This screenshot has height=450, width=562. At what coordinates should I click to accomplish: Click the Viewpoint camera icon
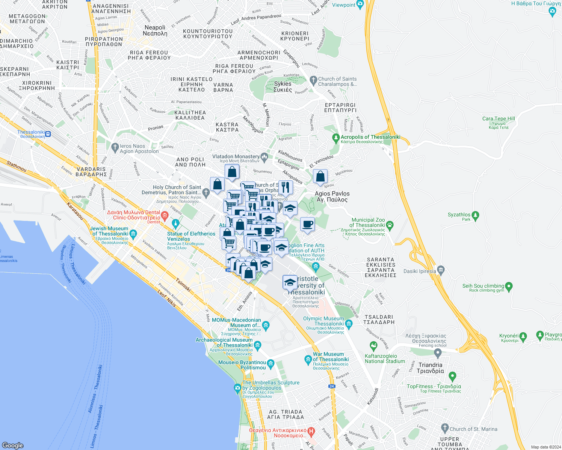point(360,5)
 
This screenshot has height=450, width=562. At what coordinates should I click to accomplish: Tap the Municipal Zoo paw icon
point(390,225)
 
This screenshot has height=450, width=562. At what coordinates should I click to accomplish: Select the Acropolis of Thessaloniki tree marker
point(336,138)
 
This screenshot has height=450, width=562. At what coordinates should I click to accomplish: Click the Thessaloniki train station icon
point(48,133)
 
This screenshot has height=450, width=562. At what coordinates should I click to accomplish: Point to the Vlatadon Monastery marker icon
point(264,157)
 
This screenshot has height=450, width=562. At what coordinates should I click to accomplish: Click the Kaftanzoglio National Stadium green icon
point(373,345)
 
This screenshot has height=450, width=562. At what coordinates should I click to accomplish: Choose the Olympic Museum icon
point(349,324)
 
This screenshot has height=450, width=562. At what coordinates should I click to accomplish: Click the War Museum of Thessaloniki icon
point(308,360)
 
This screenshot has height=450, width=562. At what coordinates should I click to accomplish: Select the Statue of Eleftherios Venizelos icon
point(175,224)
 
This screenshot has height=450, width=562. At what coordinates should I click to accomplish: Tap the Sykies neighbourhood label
point(283,87)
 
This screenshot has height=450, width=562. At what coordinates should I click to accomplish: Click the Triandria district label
point(430,368)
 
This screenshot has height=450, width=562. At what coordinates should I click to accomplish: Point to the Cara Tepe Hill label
point(499,119)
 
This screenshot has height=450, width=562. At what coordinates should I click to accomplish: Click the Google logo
point(12,445)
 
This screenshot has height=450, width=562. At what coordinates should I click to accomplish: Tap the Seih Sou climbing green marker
point(509,287)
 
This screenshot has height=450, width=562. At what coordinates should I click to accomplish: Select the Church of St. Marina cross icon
point(445,428)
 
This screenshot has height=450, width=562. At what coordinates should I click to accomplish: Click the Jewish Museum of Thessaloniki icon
point(133,233)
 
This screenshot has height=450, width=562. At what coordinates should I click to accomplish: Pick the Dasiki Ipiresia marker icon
point(441,270)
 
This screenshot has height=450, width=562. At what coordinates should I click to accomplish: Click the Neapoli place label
point(155,30)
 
